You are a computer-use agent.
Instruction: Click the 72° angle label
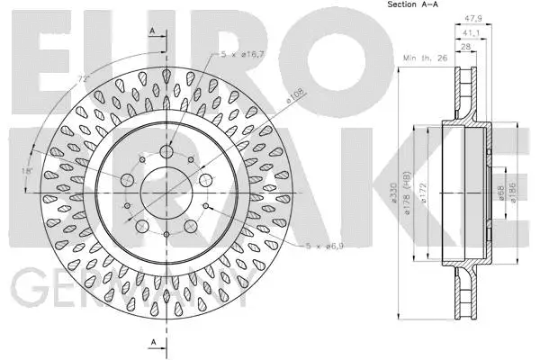click(x=83, y=79)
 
